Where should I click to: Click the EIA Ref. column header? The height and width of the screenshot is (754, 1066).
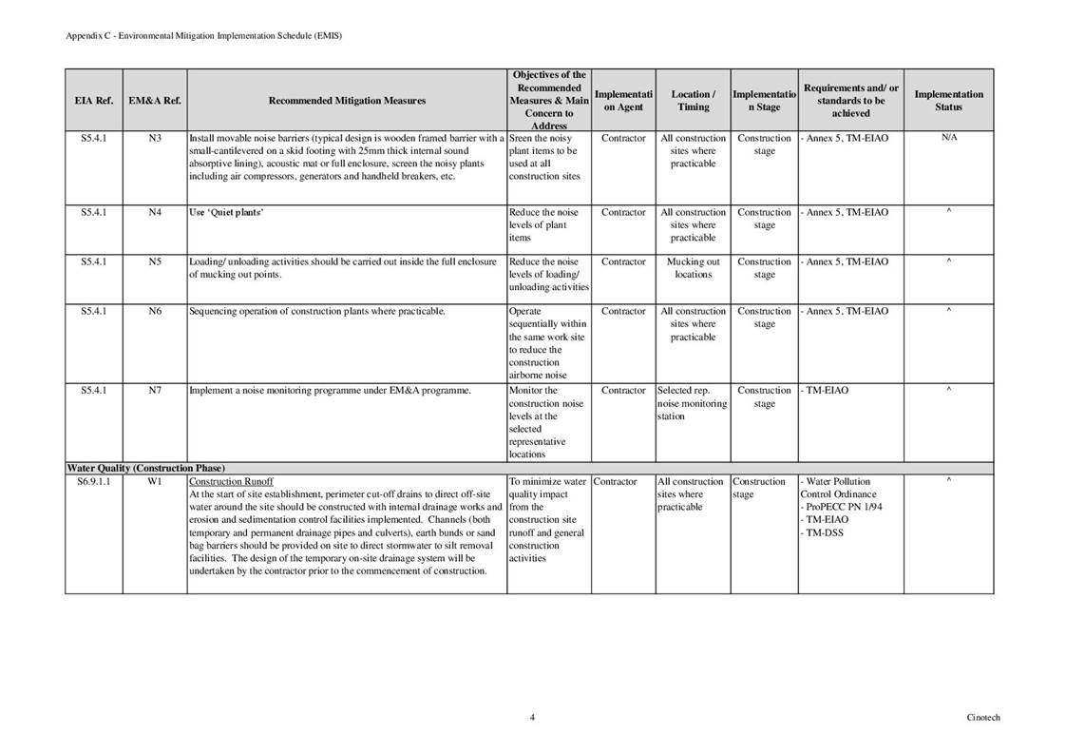point(93,100)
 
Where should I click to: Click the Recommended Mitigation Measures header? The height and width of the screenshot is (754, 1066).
point(347,100)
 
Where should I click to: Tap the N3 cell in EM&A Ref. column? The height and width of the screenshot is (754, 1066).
point(155,139)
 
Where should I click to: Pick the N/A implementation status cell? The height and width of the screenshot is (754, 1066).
point(948,139)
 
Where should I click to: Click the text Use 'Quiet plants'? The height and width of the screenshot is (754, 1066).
point(226,213)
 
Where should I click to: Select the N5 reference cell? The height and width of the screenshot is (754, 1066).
point(155,262)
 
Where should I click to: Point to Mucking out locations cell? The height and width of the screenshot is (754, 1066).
point(693,268)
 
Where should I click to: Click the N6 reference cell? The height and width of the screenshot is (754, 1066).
point(155,312)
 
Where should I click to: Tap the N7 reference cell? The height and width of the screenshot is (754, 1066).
point(155,391)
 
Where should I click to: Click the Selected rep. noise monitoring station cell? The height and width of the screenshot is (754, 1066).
point(692,403)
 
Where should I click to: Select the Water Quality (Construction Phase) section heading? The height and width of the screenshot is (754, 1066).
point(145,469)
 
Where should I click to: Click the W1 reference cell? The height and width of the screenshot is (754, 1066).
point(155,482)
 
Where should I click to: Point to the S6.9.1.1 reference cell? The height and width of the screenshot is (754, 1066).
point(93,482)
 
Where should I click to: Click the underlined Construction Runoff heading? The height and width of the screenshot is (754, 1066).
point(231,482)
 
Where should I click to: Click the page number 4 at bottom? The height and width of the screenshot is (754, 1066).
point(532,718)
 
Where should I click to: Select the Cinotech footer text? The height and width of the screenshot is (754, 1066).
point(982,718)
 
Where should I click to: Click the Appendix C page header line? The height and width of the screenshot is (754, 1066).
point(203,35)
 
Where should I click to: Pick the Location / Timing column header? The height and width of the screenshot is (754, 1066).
point(693,100)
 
